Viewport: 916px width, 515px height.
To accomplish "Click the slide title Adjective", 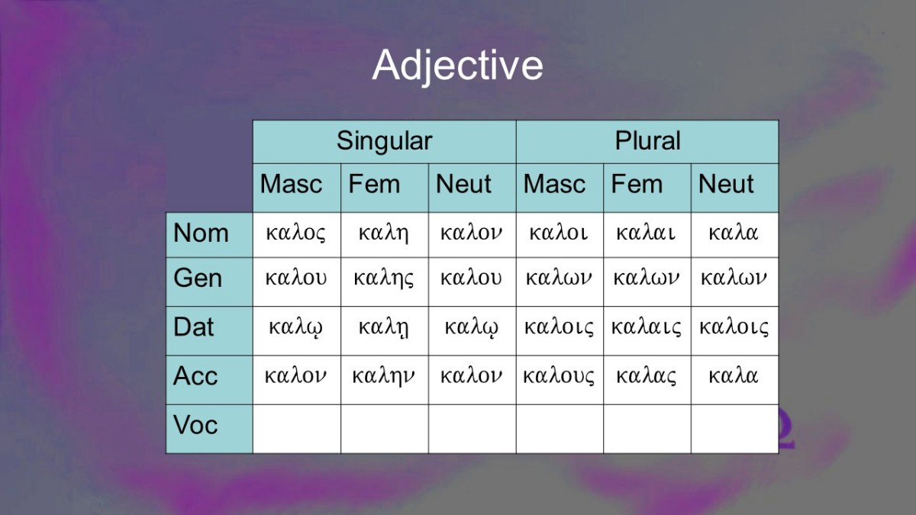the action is [x=457, y=66].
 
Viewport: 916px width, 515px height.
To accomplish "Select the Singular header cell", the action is [x=385, y=141].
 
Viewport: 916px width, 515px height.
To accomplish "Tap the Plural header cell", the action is [x=647, y=141].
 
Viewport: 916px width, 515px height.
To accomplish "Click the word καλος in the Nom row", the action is [x=295, y=233].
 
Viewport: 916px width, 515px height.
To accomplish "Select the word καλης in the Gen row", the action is [x=383, y=279].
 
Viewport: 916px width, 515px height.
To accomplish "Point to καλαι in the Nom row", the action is [x=646, y=233].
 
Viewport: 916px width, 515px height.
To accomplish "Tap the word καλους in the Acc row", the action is [x=559, y=376].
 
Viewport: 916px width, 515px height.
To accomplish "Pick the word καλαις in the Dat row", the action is [x=646, y=327].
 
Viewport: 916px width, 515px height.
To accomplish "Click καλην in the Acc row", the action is [x=383, y=377].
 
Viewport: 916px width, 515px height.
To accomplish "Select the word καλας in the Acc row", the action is [x=646, y=376].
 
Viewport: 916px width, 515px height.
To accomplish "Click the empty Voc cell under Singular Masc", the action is [x=297, y=429].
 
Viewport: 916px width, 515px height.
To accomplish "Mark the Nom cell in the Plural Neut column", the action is [x=735, y=235].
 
